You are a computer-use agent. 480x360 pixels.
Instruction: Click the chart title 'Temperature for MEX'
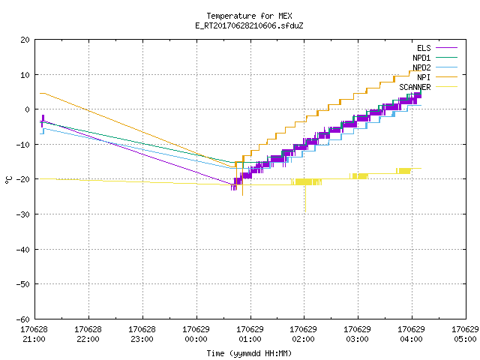249,16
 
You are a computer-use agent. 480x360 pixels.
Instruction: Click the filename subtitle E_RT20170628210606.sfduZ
249,25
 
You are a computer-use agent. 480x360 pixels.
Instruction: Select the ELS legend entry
437,48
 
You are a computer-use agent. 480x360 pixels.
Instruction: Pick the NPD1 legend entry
435,58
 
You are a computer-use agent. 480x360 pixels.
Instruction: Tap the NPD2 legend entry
435,67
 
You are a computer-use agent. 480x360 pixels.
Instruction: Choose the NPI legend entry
437,77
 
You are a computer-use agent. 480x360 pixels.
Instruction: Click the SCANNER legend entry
428,87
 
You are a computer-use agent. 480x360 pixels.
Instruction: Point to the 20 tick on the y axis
25,40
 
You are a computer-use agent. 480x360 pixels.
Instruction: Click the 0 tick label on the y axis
27,109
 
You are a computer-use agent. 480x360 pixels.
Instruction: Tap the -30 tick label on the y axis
23,214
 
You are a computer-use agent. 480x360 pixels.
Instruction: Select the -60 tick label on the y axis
23,319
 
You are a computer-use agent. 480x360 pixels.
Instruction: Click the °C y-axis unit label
8,180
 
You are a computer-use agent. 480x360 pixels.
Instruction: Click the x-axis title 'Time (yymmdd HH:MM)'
249,353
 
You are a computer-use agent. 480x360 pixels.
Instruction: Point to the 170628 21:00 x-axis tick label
34,334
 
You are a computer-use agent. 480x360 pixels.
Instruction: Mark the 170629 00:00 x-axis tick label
196,334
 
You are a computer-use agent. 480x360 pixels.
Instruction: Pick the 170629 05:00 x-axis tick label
465,334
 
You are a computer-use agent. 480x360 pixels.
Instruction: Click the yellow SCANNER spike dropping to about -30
305,198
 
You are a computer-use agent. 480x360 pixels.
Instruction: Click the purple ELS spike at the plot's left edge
43,121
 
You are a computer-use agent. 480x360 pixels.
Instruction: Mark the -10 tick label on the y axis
23,145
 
